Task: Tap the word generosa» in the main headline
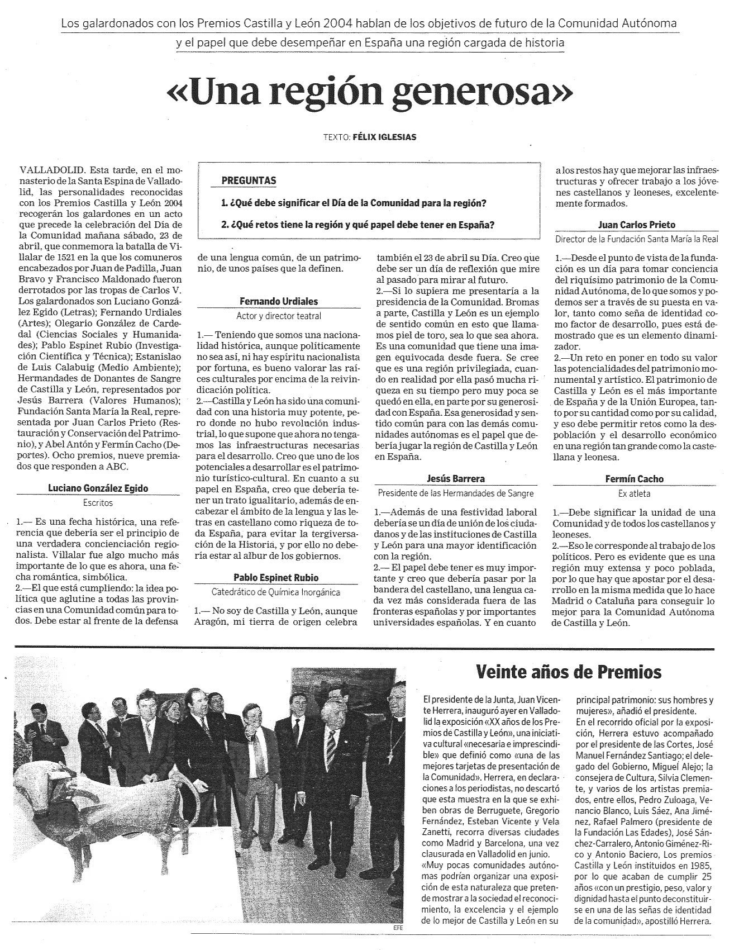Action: pyautogui.click(x=487, y=93)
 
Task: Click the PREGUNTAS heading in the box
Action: pyautogui.click(x=249, y=180)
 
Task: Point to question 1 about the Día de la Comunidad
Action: pyautogui.click(x=354, y=203)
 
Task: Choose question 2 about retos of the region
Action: pyautogui.click(x=357, y=225)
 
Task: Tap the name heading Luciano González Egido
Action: pyautogui.click(x=98, y=488)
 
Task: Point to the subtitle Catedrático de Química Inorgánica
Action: pyautogui.click(x=276, y=592)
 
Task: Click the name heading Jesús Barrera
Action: pyautogui.click(x=455, y=478)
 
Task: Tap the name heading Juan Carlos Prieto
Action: pyautogui.click(x=636, y=225)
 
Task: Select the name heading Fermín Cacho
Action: pyautogui.click(x=634, y=479)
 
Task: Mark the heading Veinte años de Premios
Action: pyautogui.click(x=569, y=672)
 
